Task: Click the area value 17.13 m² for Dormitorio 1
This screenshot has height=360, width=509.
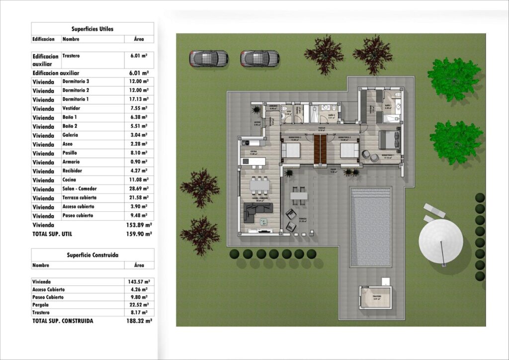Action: [138, 99]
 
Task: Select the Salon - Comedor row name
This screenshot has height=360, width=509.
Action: [80, 189]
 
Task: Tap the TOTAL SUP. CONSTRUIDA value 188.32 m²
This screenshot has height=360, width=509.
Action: [139, 321]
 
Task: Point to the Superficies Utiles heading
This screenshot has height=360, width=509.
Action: [92, 29]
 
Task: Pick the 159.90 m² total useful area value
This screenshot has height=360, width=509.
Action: [139, 234]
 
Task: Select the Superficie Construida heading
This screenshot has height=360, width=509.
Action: [92, 255]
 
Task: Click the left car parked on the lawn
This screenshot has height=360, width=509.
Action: [208, 58]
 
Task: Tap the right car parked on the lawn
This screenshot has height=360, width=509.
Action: [259, 58]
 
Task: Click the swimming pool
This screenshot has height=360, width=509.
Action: [370, 226]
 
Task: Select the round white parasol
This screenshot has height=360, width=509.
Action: [440, 241]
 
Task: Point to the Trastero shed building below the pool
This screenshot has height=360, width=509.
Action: [375, 297]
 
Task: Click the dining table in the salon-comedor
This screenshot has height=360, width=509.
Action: [258, 185]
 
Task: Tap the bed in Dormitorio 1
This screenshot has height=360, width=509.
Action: [389, 140]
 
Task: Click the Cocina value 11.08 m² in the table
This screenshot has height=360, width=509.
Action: [138, 180]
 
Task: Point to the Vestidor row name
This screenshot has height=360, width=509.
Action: [73, 108]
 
